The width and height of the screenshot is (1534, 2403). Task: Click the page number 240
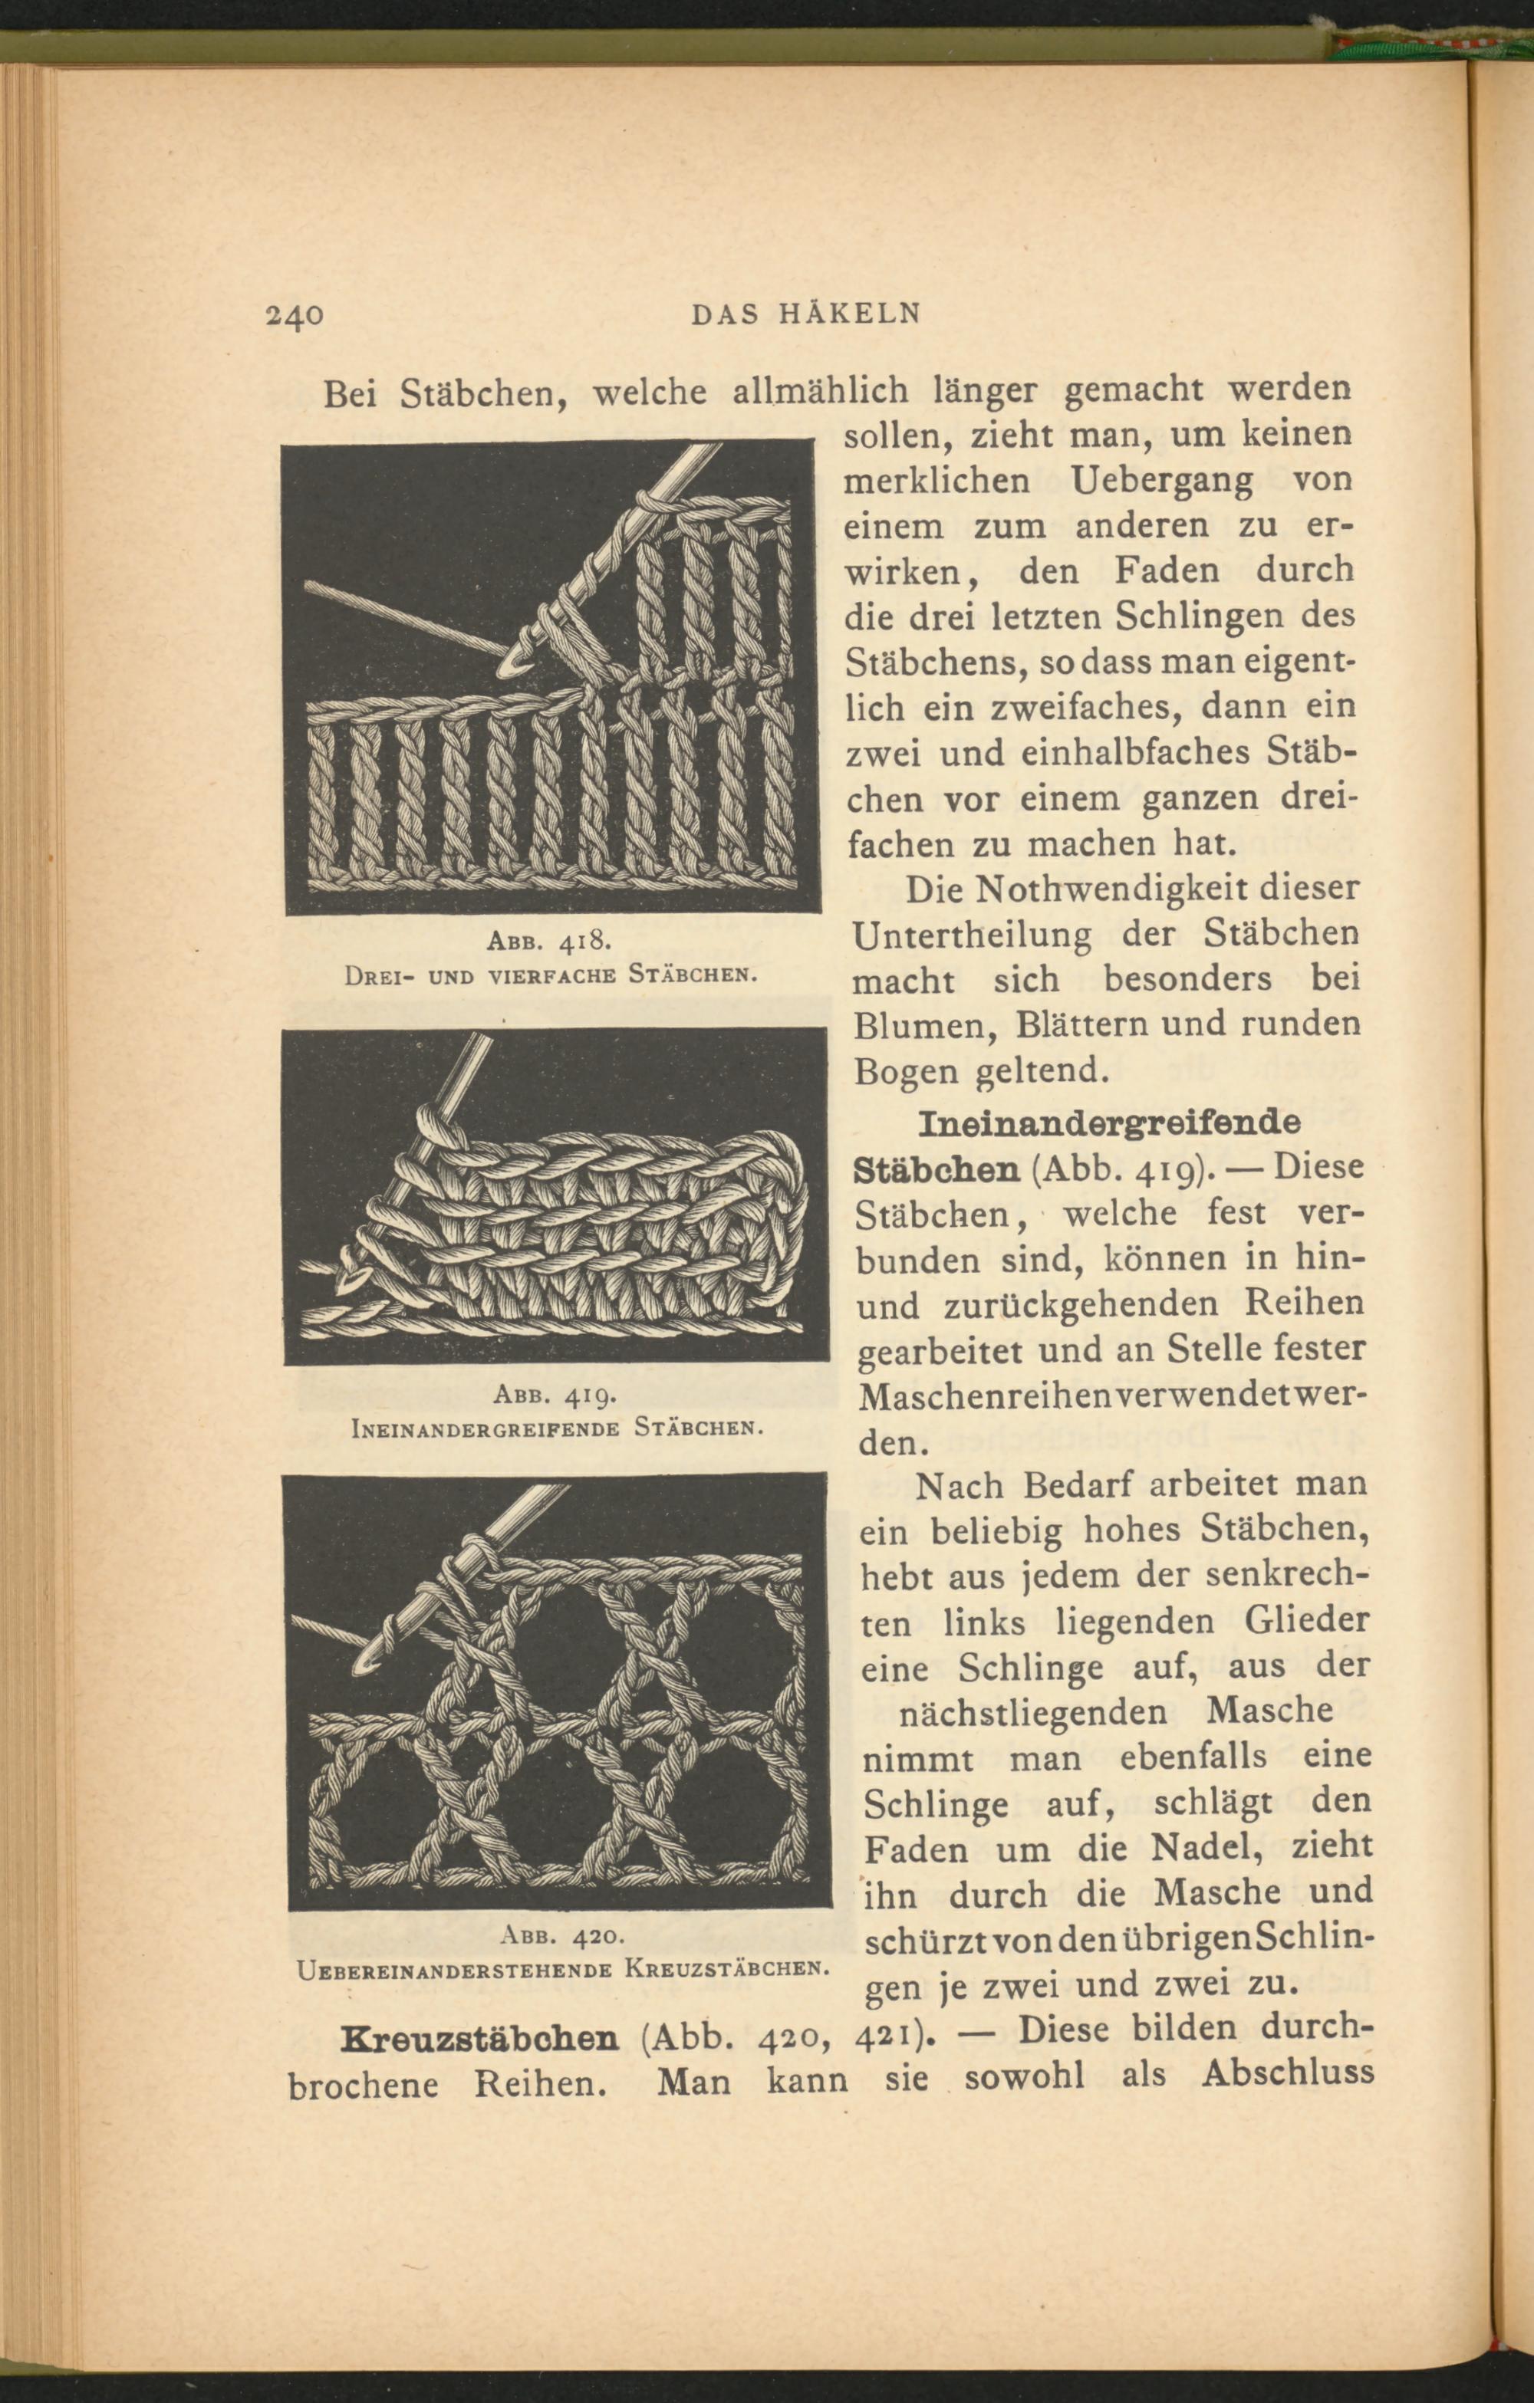(295, 314)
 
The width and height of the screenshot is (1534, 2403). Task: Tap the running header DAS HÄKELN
(805, 314)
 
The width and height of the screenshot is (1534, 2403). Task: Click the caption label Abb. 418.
(548, 940)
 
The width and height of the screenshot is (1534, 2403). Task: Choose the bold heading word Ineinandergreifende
(1108, 1122)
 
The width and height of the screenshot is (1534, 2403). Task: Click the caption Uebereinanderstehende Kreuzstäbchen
(564, 1970)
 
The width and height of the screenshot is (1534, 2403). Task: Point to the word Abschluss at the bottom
(1288, 2082)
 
